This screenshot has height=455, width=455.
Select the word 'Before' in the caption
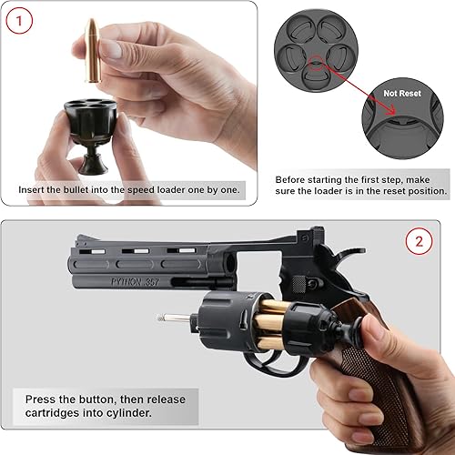pyautogui.click(x=295, y=178)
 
